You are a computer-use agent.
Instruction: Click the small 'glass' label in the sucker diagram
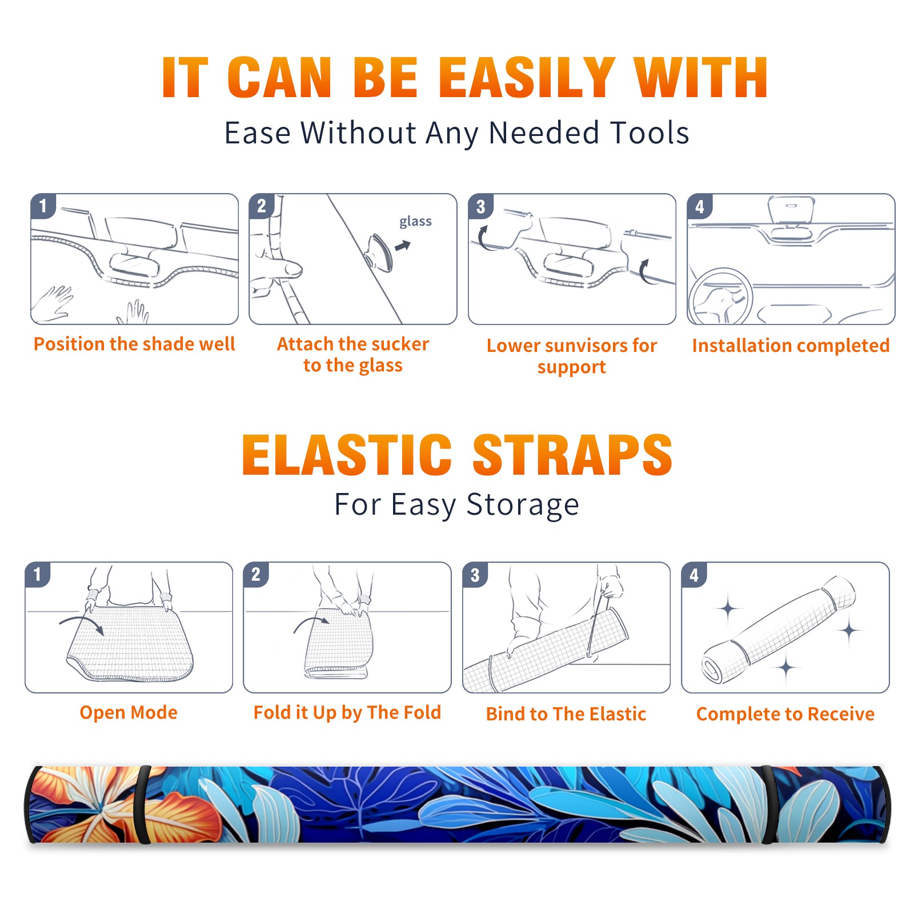click(x=415, y=222)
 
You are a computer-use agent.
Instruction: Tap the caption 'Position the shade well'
click(x=134, y=344)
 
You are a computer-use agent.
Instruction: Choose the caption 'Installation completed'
click(x=791, y=346)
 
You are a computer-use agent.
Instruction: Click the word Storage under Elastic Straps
click(x=523, y=505)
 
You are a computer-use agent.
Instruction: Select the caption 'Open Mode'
click(x=129, y=712)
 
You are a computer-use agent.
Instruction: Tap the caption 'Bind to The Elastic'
click(x=566, y=714)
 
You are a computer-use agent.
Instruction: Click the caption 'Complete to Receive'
click(x=785, y=714)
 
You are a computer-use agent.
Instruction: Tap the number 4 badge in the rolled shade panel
click(x=693, y=575)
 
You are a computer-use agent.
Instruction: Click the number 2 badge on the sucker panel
click(x=261, y=206)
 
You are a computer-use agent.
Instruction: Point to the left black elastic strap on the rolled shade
click(x=143, y=804)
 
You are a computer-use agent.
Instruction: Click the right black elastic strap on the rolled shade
click(x=768, y=804)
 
